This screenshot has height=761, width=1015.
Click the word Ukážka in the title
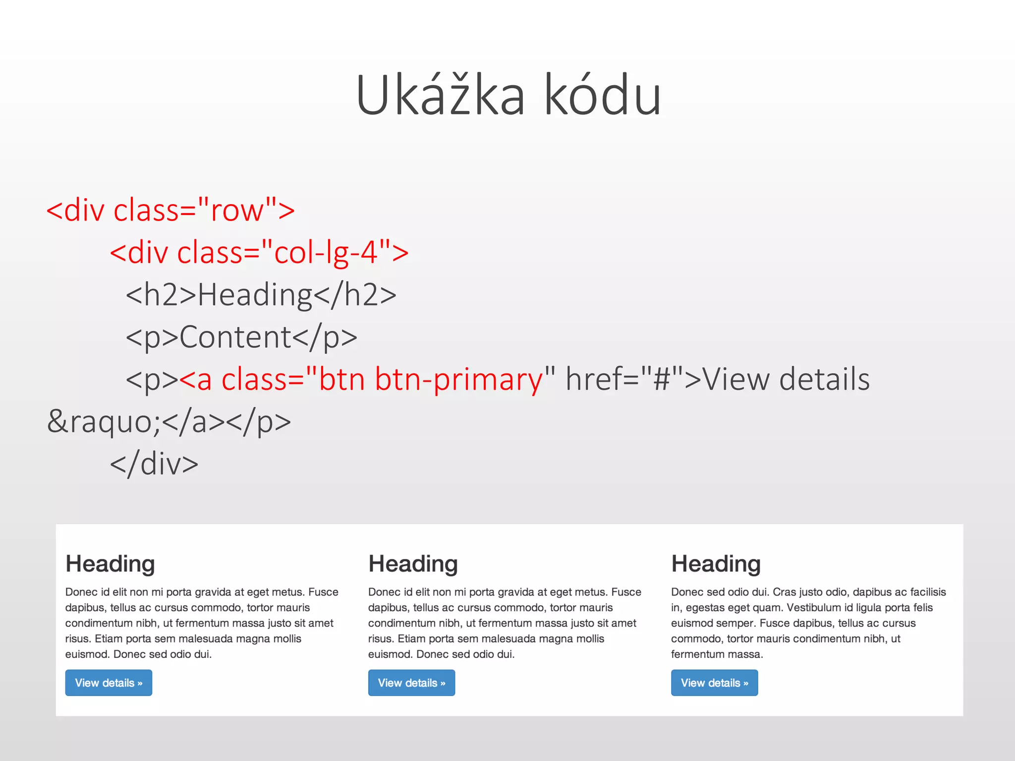coord(440,95)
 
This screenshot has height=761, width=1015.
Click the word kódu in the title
coord(603,95)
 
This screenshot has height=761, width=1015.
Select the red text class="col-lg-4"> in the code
coord(292,252)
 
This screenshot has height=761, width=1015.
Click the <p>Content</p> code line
coord(241,337)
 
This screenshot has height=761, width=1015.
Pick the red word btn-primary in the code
coord(459,380)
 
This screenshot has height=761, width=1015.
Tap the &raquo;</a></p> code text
coord(169,422)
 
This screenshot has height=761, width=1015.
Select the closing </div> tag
coord(154,464)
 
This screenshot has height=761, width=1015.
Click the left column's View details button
coord(109,683)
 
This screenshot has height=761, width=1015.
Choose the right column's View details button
coord(714,683)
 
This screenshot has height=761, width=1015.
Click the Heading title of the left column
coord(110,564)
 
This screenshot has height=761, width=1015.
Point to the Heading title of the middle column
coord(413,564)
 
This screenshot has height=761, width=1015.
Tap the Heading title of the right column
coord(716,564)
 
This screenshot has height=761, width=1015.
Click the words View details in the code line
coord(787,380)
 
